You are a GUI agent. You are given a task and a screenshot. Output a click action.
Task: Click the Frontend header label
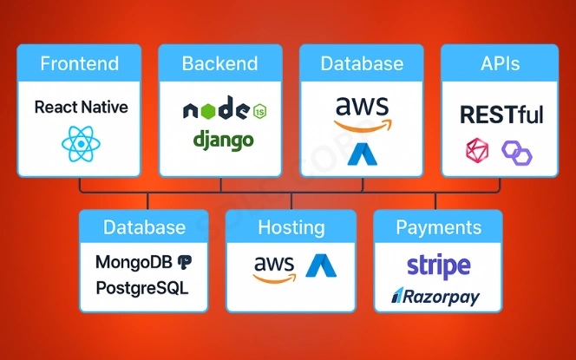80,63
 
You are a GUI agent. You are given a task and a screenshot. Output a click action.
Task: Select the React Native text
81,108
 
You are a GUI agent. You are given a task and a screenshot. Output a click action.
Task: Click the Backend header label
219,63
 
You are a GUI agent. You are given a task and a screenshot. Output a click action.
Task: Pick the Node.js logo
223,111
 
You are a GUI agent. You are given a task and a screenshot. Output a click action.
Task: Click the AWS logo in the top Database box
362,112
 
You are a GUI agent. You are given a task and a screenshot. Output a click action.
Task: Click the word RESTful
501,114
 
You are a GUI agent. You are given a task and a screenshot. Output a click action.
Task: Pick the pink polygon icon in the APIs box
478,152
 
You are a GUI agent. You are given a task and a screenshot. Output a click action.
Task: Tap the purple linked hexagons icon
518,154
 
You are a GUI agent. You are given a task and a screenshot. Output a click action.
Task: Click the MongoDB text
134,261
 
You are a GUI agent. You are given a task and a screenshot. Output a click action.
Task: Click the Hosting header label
291,228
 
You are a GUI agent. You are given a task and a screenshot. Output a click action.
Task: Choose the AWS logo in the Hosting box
274,267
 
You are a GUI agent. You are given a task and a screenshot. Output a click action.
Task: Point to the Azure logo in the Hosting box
320,265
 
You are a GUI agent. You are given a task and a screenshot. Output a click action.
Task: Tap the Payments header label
438,228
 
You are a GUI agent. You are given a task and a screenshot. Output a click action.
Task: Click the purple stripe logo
438,265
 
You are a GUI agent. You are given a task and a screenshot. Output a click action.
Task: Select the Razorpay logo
435,297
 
